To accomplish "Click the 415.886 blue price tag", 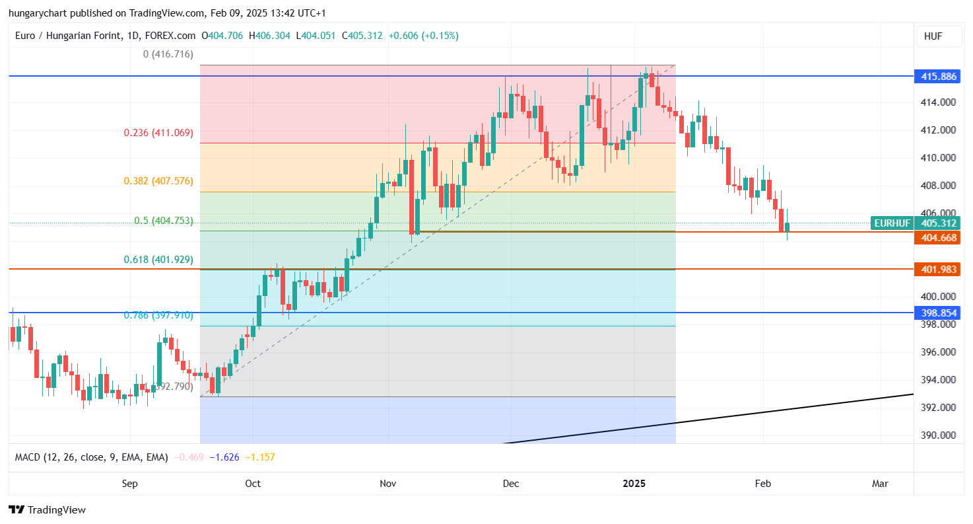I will [x=939, y=77].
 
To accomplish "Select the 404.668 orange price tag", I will [x=939, y=238].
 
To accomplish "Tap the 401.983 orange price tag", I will [x=939, y=269].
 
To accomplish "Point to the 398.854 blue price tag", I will [x=939, y=313].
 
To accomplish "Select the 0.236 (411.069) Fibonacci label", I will [x=158, y=133].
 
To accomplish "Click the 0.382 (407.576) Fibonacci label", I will [x=158, y=180].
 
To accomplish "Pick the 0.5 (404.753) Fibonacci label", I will [x=163, y=221].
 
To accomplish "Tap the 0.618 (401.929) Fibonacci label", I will [x=158, y=260].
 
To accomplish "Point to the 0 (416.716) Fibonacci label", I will [x=168, y=54].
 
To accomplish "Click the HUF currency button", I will [x=933, y=36].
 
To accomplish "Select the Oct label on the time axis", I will [x=253, y=484].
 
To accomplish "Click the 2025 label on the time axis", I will [x=634, y=484].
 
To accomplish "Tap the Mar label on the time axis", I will [x=880, y=484].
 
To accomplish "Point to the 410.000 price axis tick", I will [x=939, y=158].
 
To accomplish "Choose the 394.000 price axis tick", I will [x=939, y=380].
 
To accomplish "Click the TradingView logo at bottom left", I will [x=47, y=509].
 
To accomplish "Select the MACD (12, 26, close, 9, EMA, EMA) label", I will [x=91, y=457].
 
